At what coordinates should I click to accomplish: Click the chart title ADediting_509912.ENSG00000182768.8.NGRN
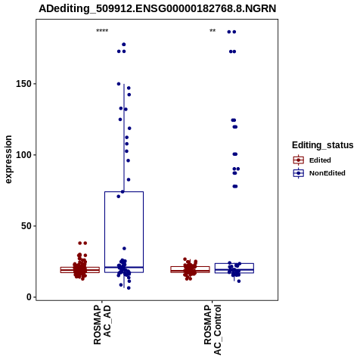pos(157,9)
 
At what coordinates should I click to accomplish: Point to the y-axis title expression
pos(8,160)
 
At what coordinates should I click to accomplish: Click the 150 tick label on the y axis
pos(23,84)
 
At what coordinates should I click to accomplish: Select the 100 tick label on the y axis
pos(23,155)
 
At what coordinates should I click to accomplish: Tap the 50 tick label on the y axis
pos(26,226)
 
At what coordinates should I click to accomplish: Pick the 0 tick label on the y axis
pos(29,297)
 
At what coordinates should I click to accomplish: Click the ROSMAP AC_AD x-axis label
pos(102,324)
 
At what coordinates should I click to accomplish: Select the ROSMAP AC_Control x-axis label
pos(213,330)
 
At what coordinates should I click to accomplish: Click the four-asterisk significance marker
pos(102,30)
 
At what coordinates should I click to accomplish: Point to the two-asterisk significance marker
pos(213,30)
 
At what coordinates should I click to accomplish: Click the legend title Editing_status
pos(323,145)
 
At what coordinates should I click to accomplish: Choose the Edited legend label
pos(320,160)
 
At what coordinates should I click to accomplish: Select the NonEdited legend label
pos(327,173)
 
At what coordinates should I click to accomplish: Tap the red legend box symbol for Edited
pos(299,160)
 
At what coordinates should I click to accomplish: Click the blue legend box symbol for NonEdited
pos(299,173)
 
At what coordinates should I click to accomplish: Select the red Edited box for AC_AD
pos(80,270)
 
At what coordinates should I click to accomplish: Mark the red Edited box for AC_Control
pos(190,269)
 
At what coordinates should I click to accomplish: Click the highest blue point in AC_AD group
pos(124,45)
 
